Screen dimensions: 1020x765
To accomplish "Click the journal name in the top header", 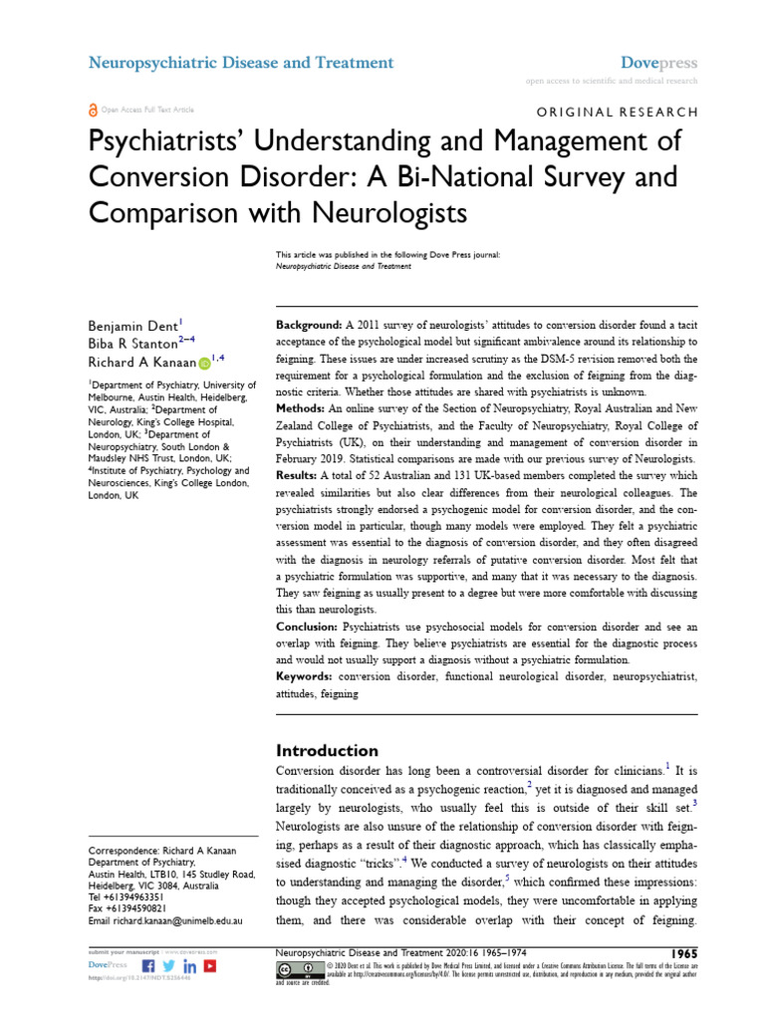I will coord(241,63).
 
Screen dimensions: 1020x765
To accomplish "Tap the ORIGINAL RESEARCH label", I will coord(618,113).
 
